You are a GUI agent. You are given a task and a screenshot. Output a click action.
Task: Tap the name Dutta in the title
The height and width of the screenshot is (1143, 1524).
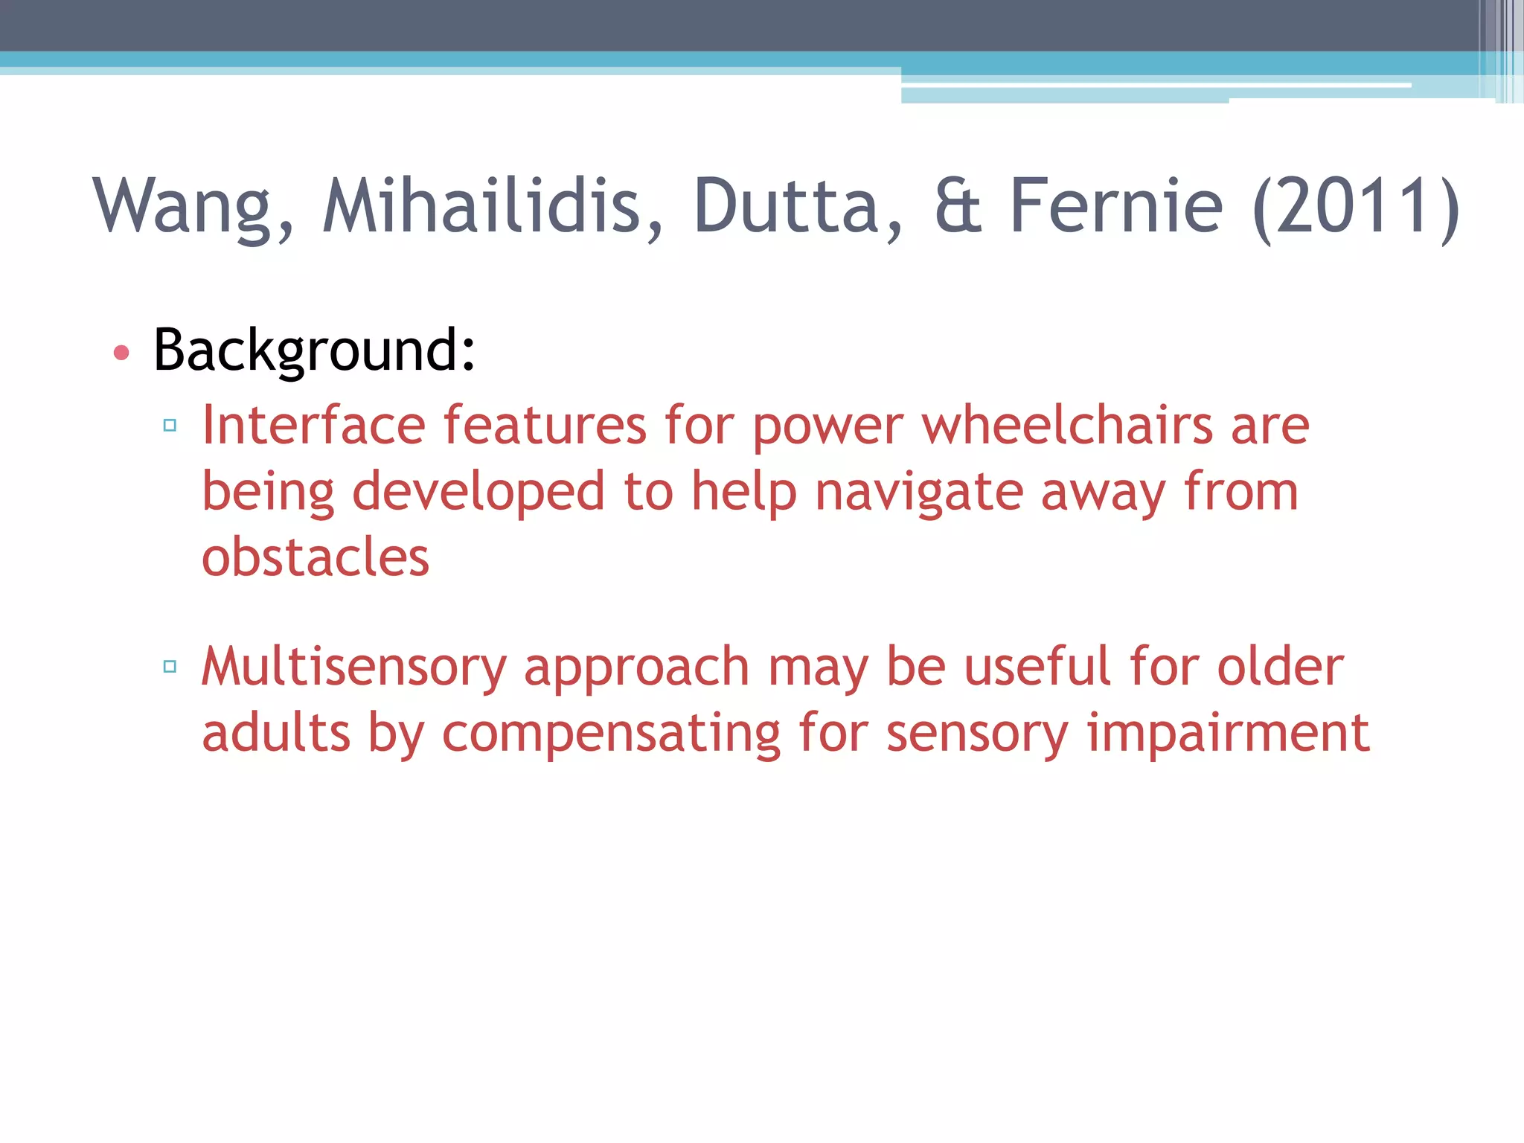tap(797, 206)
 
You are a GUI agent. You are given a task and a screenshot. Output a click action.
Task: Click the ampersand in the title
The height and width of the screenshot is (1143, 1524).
tap(958, 206)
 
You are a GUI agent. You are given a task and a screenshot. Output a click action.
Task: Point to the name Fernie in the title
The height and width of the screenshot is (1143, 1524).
tap(1115, 206)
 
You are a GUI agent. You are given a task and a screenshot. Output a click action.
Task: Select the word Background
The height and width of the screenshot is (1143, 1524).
tap(313, 349)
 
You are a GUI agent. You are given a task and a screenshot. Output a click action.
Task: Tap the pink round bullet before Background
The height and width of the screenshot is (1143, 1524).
tap(121, 352)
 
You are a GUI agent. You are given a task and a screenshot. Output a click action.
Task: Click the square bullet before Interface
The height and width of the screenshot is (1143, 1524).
tap(170, 426)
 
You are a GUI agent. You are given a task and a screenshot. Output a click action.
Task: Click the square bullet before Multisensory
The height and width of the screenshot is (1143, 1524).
tap(170, 666)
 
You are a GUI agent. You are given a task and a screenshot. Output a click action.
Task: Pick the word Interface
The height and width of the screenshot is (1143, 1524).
tap(313, 425)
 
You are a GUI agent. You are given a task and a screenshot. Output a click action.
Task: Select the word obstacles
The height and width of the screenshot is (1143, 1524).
tap(316, 557)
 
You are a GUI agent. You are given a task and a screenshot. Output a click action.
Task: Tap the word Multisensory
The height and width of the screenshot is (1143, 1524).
tap(353, 666)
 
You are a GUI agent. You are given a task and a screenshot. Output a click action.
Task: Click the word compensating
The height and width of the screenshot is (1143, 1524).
tap(611, 733)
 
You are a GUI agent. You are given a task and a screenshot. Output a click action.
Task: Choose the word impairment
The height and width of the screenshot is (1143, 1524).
tap(1228, 733)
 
